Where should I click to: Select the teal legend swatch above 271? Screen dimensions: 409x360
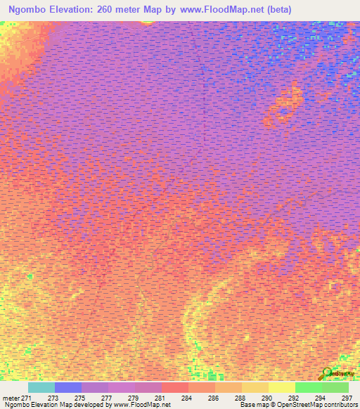pyautogui.click(x=41, y=387)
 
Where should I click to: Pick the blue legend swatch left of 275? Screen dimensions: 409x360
pyautogui.click(x=67, y=387)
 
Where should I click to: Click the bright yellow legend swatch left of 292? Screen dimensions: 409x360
pyautogui.click(x=281, y=387)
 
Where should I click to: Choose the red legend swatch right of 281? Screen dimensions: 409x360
pyautogui.click(x=174, y=387)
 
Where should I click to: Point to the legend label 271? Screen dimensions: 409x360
pyautogui.click(x=27, y=398)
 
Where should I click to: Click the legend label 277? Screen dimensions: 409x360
pyautogui.click(x=107, y=398)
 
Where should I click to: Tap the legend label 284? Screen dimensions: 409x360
pyautogui.click(x=187, y=398)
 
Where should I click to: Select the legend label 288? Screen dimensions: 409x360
pyautogui.click(x=240, y=398)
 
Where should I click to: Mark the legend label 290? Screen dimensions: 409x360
pyautogui.click(x=267, y=398)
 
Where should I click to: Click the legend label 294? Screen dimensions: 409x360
pyautogui.click(x=321, y=398)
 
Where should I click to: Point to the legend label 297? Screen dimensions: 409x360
pyautogui.click(x=347, y=398)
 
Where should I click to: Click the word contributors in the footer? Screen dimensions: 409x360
pyautogui.click(x=338, y=405)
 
